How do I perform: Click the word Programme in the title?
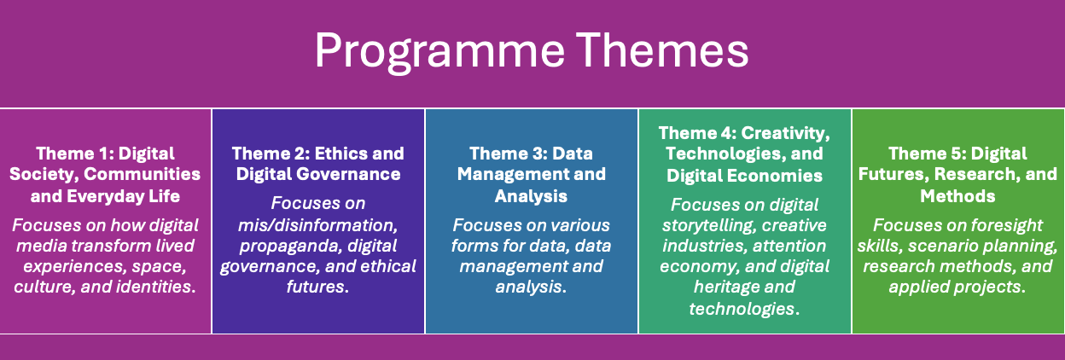tap(439, 52)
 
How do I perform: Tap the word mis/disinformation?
tap(318, 225)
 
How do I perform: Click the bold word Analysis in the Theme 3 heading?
tap(531, 196)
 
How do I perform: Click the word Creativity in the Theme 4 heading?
tap(786, 133)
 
